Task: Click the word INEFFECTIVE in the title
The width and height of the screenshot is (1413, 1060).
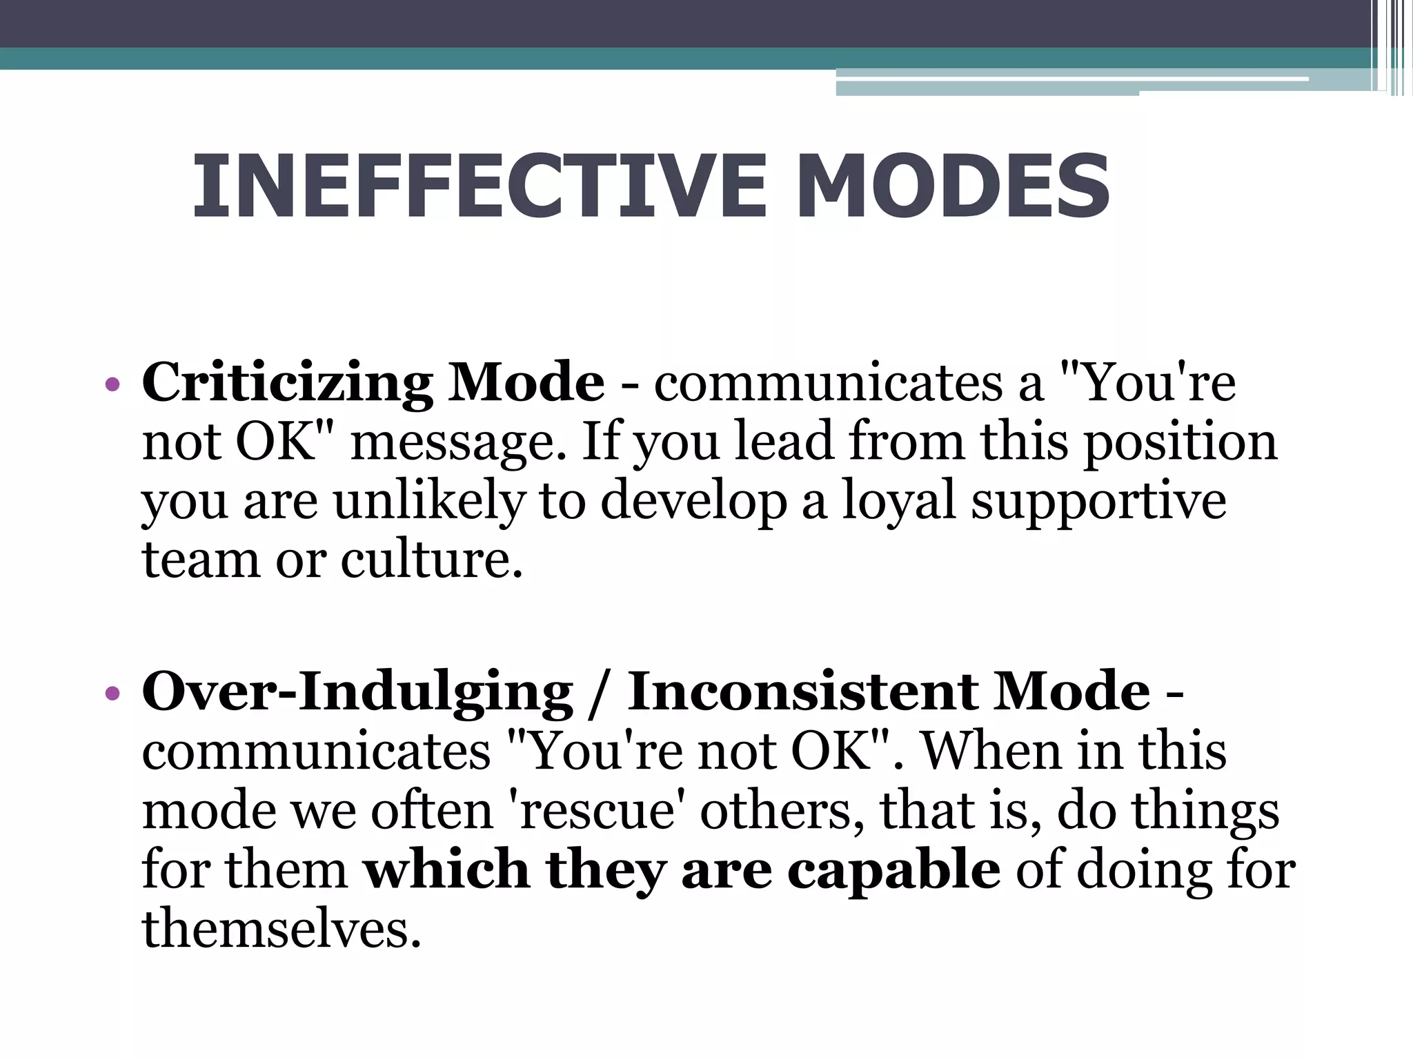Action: click(x=480, y=186)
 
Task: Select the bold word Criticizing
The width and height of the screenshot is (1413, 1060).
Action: click(x=287, y=383)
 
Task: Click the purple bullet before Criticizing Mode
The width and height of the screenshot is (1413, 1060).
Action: click(x=112, y=384)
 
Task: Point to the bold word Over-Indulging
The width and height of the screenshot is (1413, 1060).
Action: click(x=357, y=692)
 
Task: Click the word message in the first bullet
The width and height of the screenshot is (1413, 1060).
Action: click(x=459, y=442)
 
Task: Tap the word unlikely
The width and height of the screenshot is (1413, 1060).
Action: click(x=430, y=501)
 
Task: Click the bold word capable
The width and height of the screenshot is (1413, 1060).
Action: click(x=893, y=870)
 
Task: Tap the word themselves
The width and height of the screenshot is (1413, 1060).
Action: click(x=281, y=929)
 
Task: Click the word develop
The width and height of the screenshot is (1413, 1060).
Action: click(x=693, y=502)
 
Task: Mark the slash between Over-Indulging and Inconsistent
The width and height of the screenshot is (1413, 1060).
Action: click(x=599, y=693)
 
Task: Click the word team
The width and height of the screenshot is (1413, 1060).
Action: click(x=201, y=560)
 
